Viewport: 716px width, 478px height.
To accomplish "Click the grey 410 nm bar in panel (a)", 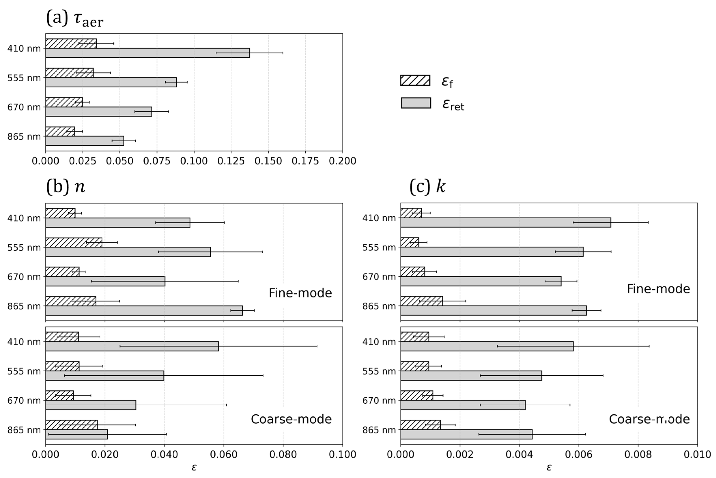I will [x=147, y=53].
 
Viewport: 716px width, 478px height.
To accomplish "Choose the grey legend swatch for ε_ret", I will [x=416, y=103].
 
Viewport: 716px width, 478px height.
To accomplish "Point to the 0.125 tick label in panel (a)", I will [x=231, y=161].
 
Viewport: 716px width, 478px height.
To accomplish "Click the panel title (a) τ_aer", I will [x=75, y=18].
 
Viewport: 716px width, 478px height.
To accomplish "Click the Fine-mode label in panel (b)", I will [x=300, y=293].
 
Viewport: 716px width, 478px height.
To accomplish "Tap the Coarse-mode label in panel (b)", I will [x=291, y=419].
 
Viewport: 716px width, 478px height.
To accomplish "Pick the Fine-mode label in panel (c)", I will [x=658, y=289].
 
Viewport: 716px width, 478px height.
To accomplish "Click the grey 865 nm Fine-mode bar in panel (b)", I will [x=144, y=310].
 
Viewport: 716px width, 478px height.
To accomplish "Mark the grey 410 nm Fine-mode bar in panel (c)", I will [x=505, y=222].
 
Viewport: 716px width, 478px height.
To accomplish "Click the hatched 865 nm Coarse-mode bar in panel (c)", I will [x=420, y=425].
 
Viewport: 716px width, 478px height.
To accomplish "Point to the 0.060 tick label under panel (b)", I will [x=224, y=454].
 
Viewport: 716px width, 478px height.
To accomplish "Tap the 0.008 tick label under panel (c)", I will [x=638, y=454].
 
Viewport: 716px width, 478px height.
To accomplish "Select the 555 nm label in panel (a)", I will [x=24, y=78].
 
